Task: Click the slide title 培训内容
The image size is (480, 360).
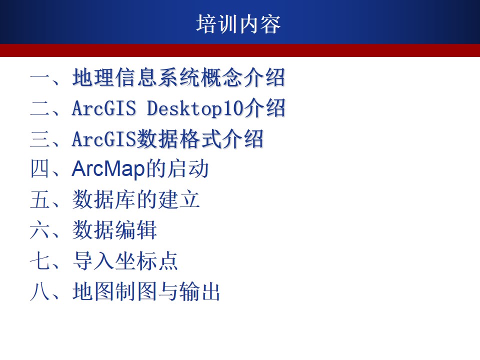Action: click(238, 24)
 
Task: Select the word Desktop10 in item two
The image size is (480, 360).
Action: click(195, 108)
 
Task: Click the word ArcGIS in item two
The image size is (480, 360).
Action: click(104, 108)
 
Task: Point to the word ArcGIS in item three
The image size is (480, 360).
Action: click(104, 138)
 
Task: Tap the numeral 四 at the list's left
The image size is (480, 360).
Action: click(40, 168)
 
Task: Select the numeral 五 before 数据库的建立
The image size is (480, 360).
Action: click(40, 199)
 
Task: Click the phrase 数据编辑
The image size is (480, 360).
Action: click(115, 230)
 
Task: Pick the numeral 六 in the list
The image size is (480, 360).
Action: click(40, 230)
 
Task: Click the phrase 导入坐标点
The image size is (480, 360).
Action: click(125, 261)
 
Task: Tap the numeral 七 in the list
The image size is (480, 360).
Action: click(40, 261)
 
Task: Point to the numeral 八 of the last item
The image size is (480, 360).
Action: click(40, 291)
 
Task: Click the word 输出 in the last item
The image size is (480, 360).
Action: click(200, 291)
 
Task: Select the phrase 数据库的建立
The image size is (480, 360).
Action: click(136, 199)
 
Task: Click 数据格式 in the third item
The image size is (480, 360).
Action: click(178, 138)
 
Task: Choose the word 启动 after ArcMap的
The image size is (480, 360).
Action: click(188, 168)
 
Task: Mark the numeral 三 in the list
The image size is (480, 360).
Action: click(40, 138)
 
